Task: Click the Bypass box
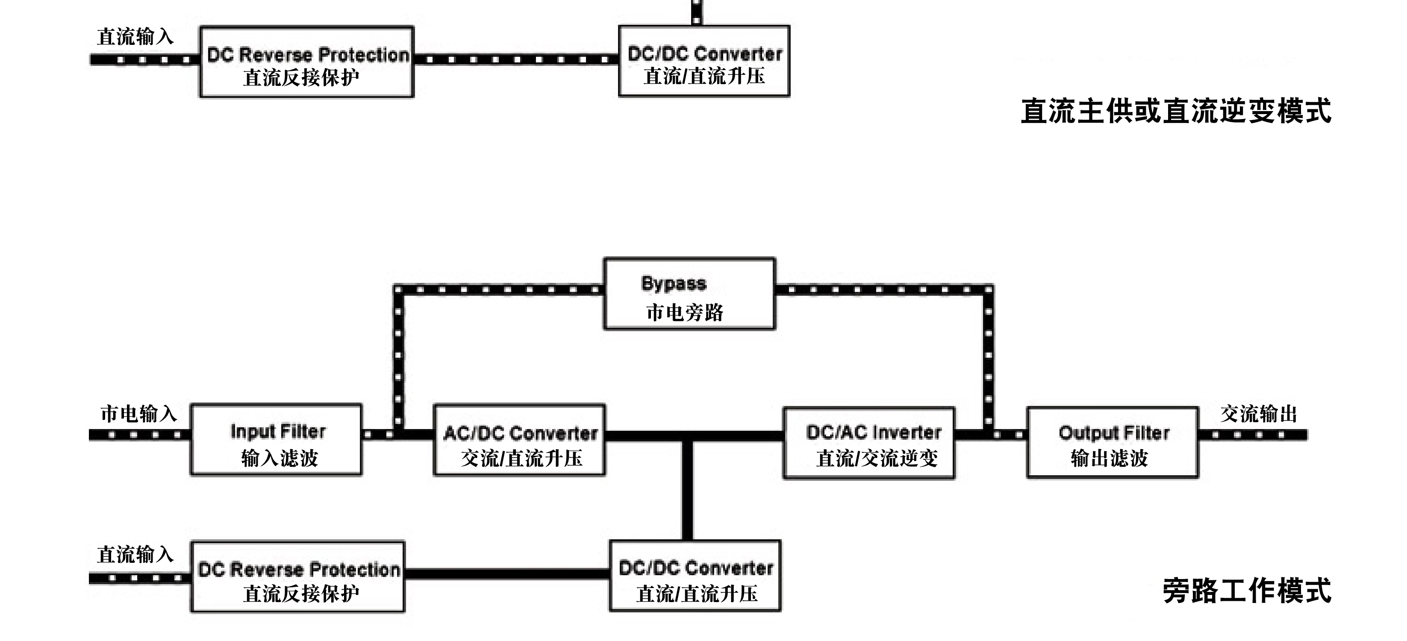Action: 689,294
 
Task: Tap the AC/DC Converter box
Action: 519,440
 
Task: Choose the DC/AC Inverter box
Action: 869,443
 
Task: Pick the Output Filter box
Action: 1113,443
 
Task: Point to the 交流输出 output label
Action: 1258,414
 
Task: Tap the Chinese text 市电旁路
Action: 684,313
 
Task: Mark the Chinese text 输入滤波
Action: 280,458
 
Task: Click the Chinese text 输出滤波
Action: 1110,458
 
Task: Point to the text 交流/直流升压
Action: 521,458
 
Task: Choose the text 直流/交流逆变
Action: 877,459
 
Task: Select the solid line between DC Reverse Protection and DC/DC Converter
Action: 507,574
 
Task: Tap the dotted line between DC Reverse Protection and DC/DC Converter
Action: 516,59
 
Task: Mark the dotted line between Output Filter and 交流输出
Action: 1252,435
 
